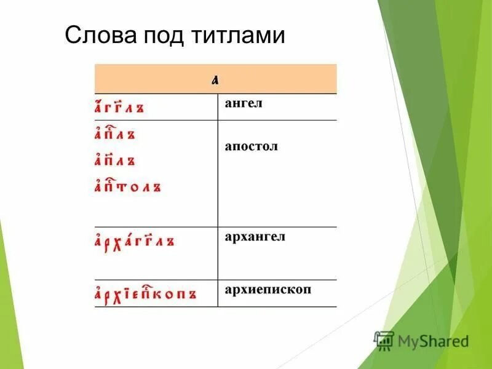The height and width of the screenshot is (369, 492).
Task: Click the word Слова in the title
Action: tap(101, 36)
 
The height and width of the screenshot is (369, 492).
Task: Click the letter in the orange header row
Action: tap(215, 79)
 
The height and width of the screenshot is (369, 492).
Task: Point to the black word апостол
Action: tap(251, 148)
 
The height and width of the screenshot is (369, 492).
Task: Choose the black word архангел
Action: tap(255, 237)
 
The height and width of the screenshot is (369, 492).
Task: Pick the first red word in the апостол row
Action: tap(114, 133)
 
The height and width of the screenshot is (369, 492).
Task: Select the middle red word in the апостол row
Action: tap(114, 160)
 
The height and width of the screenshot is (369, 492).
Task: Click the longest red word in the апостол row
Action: tap(128, 186)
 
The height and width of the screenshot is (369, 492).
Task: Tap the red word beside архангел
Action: tap(134, 240)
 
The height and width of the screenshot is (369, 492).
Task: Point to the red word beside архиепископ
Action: tap(145, 293)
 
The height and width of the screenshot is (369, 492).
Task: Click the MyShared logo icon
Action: tap(384, 339)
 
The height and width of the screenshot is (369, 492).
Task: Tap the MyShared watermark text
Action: tap(433, 340)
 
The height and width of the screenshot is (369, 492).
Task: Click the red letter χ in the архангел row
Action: tap(116, 242)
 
